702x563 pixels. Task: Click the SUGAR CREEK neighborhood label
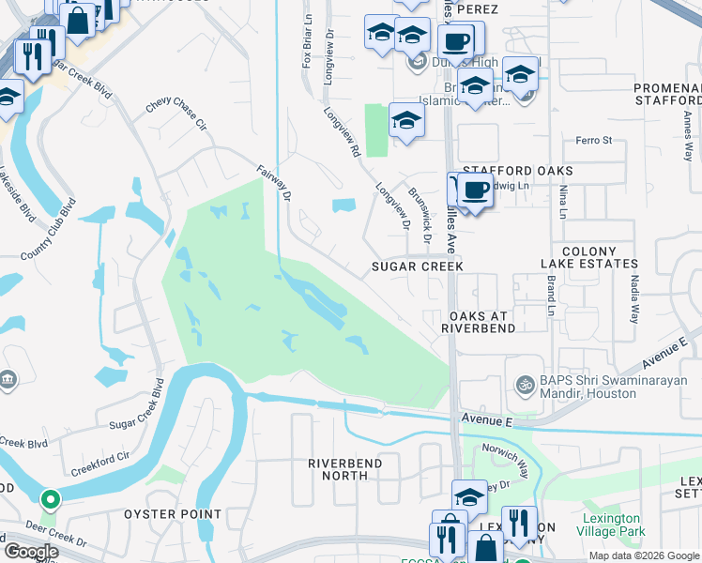coord(418,266)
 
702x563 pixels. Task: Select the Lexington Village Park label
coord(613,525)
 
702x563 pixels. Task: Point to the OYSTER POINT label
coord(173,514)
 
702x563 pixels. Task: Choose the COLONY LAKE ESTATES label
coord(601,258)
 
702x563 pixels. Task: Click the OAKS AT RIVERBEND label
coord(481,322)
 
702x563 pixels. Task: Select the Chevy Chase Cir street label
coord(175,111)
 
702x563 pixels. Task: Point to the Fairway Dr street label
coord(275,182)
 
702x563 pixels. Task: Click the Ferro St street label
coord(593,141)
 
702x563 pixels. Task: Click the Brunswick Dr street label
coord(420,215)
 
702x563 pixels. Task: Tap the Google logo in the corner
coord(30,551)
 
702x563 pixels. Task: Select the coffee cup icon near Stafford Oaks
coord(476,190)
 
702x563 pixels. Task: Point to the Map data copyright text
coord(644,555)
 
